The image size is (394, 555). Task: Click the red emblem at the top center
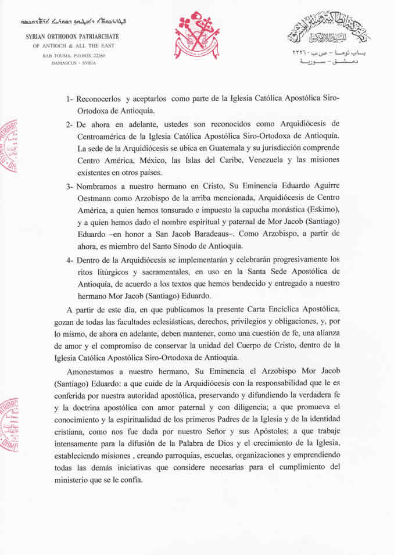tap(198, 35)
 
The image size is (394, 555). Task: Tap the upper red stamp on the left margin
tap(9, 145)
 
